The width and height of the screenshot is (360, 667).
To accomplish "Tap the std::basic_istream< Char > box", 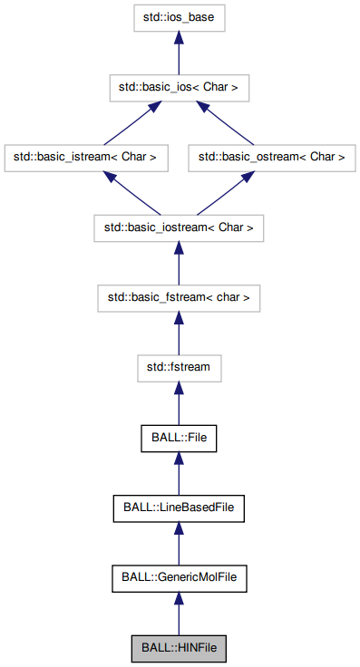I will (85, 157).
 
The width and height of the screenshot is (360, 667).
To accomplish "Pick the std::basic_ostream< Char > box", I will (272, 157).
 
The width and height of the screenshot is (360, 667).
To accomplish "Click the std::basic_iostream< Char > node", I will (179, 227).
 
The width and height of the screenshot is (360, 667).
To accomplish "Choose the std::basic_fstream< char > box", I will (179, 297).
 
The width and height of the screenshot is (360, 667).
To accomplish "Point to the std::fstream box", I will (179, 368).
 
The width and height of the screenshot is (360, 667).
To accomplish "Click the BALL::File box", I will (179, 438).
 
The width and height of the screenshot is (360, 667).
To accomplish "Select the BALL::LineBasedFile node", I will (179, 508).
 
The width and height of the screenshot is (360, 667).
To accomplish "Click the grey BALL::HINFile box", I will (179, 649).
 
